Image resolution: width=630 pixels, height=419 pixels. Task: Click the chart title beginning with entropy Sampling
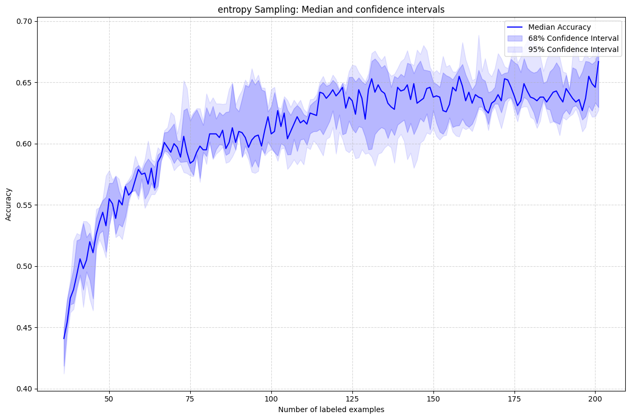coord(331,9)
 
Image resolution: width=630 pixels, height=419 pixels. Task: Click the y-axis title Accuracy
coord(8,205)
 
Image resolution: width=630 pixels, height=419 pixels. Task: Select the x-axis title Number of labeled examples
coord(331,409)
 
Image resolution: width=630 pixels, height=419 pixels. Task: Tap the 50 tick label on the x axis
coord(109,398)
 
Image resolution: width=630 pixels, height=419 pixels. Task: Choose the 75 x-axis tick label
coord(190,398)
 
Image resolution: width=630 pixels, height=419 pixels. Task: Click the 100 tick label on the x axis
coord(271,398)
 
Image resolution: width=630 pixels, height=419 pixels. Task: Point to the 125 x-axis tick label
coord(352,398)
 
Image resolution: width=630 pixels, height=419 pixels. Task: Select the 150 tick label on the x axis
coord(433,398)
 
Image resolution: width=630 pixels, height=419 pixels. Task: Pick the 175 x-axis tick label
coord(514,398)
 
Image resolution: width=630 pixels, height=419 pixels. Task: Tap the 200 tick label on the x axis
coord(596,398)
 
